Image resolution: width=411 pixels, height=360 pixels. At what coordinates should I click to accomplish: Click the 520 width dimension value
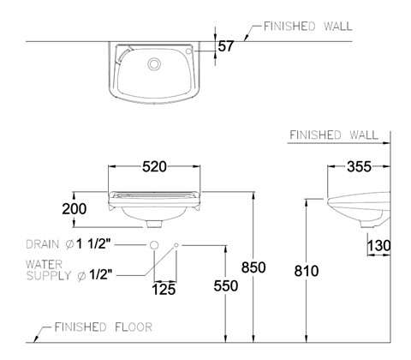click(x=154, y=167)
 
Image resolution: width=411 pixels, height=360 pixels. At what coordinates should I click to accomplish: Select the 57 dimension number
click(x=226, y=46)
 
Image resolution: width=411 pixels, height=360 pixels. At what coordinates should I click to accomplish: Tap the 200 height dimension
click(x=74, y=209)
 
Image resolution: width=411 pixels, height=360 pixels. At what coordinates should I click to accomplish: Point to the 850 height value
click(x=253, y=267)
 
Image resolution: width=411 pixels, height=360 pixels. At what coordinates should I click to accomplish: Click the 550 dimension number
click(x=226, y=286)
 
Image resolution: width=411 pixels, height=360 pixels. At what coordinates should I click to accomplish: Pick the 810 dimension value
click(x=307, y=271)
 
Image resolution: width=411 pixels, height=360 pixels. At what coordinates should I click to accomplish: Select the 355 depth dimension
click(x=359, y=167)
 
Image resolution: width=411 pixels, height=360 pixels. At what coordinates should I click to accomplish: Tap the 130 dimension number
click(x=378, y=245)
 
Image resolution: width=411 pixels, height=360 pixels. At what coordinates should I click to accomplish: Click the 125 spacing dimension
click(x=164, y=290)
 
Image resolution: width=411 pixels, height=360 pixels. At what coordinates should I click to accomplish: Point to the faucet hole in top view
click(x=188, y=51)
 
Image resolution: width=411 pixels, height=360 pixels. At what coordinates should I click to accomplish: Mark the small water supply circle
click(x=176, y=245)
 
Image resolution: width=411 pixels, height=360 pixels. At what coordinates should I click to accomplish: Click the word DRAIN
click(x=43, y=244)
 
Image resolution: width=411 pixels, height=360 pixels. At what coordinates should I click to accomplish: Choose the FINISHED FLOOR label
click(x=104, y=327)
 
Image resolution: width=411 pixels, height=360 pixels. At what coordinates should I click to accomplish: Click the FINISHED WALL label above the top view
click(x=307, y=27)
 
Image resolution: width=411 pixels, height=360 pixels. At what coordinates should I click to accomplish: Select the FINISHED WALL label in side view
click(x=334, y=135)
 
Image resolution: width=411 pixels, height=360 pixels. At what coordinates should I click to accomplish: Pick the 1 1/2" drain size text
click(x=93, y=244)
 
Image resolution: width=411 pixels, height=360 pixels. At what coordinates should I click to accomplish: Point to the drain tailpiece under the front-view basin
click(x=154, y=224)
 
